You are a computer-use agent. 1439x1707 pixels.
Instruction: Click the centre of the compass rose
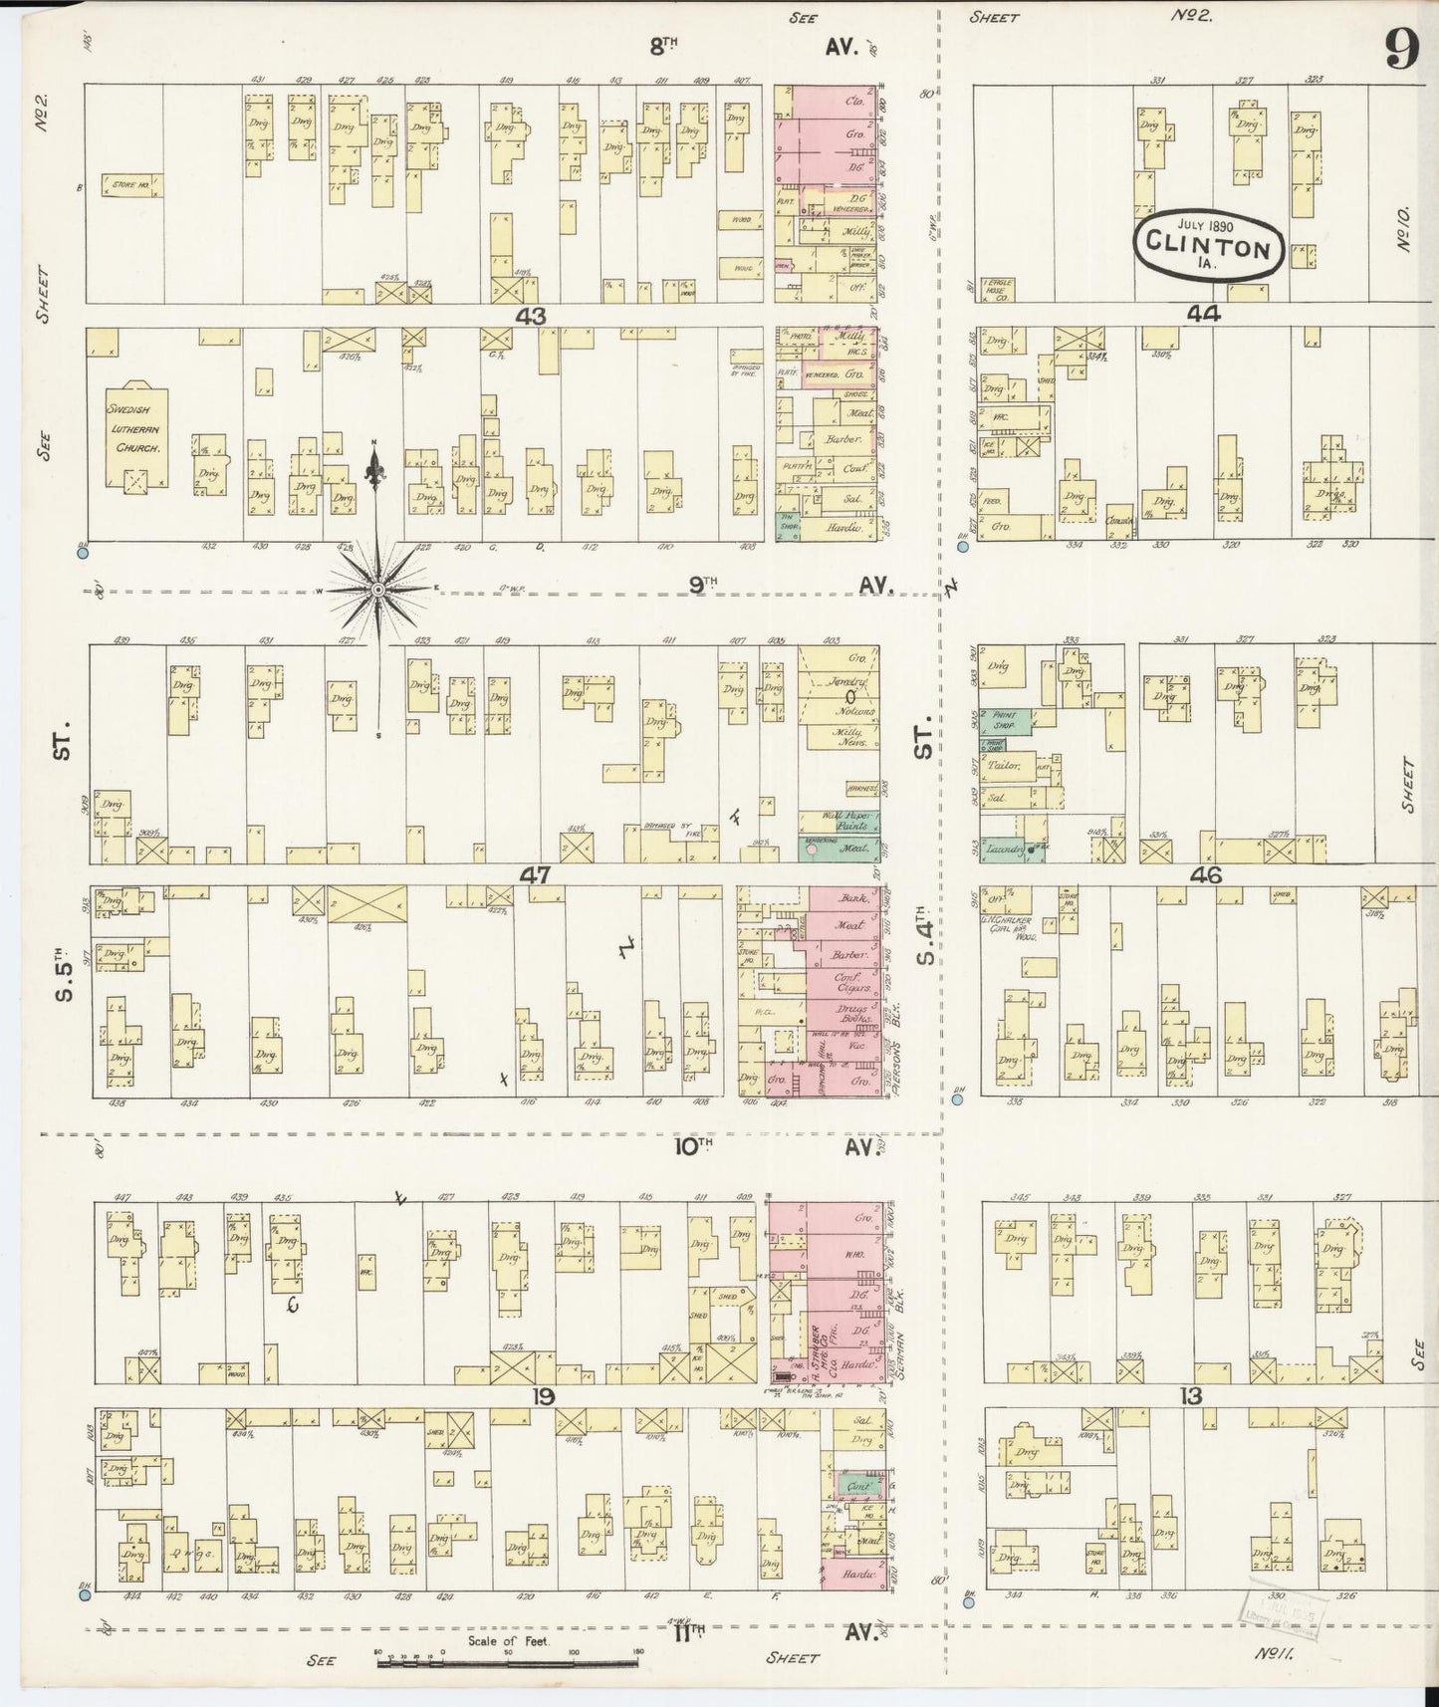(x=377, y=591)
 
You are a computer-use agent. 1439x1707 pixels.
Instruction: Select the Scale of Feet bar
(x=508, y=1661)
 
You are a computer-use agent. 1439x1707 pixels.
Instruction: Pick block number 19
(x=542, y=1395)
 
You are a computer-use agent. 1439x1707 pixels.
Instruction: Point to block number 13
(x=1190, y=1395)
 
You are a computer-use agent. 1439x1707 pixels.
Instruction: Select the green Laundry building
(x=1006, y=850)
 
